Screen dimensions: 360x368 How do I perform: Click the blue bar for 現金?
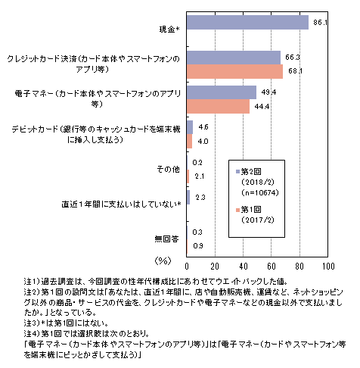247,23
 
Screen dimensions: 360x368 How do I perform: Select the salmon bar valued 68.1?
234,72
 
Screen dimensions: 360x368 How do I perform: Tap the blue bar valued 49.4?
222,92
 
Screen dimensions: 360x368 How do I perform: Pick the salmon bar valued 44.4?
218,107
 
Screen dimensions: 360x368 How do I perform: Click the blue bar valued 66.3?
234,58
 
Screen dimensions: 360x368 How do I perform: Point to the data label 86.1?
320,23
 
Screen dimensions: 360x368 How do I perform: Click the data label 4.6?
203,127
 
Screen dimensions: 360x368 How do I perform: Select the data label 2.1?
199,176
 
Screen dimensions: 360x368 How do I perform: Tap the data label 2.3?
200,198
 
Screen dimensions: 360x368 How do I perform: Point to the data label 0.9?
198,245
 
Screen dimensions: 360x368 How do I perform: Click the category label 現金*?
169,30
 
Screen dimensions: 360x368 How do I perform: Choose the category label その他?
169,169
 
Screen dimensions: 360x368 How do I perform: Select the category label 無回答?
167,239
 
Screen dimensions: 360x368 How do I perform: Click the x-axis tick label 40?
244,267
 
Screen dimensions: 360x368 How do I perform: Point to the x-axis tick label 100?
328,267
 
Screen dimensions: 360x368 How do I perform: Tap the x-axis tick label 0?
187,267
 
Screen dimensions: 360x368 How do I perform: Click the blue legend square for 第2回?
237,172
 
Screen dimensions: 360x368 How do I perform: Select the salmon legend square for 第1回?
237,210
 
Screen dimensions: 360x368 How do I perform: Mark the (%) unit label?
163,260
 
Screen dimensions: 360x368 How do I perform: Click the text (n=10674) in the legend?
260,193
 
